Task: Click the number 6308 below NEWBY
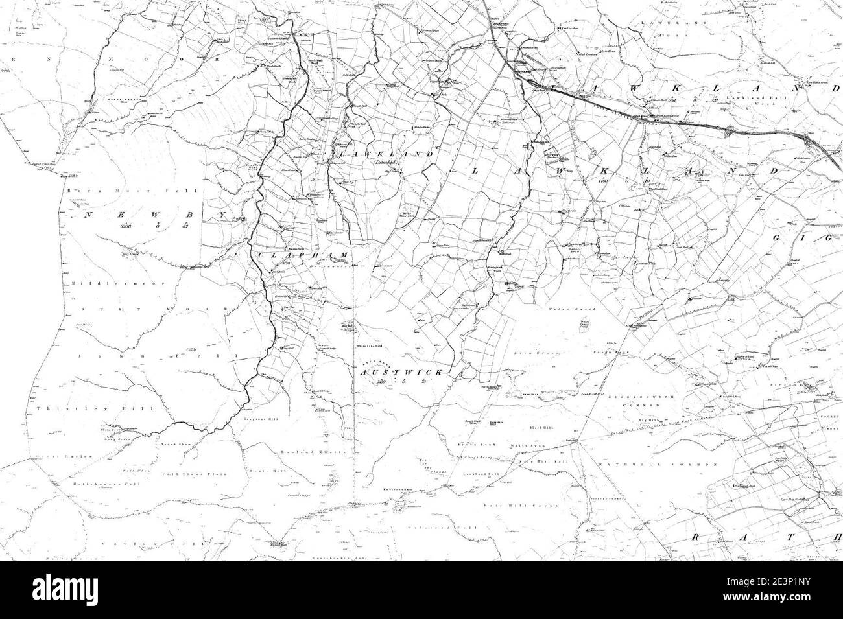point(125,226)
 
